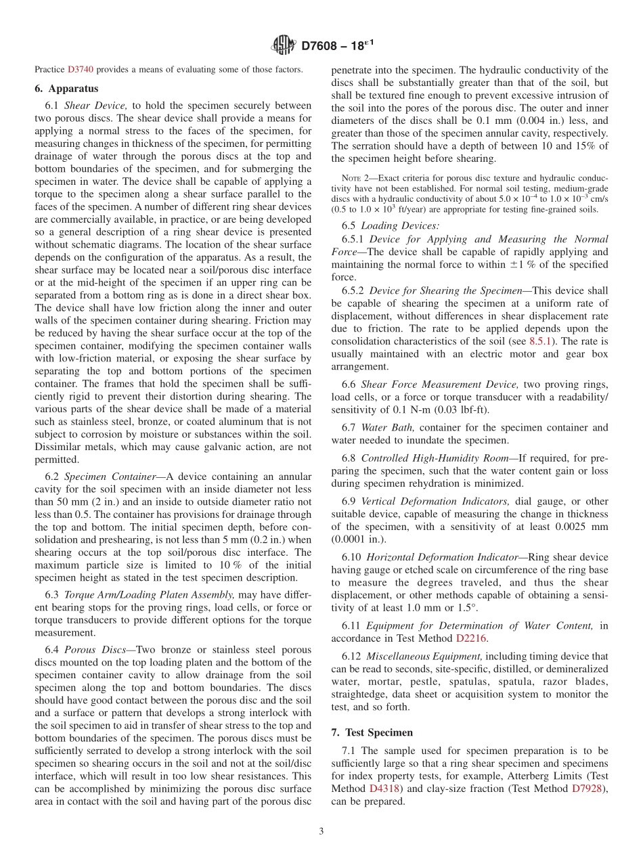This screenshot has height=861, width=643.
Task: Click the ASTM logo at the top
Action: tap(284, 45)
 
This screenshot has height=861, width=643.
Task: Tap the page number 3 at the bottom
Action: tap(321, 831)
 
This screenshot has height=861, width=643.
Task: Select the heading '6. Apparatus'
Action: tap(66, 89)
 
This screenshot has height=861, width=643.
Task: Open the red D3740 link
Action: tap(81, 69)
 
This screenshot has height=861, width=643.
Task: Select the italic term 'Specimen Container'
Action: tap(110, 477)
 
